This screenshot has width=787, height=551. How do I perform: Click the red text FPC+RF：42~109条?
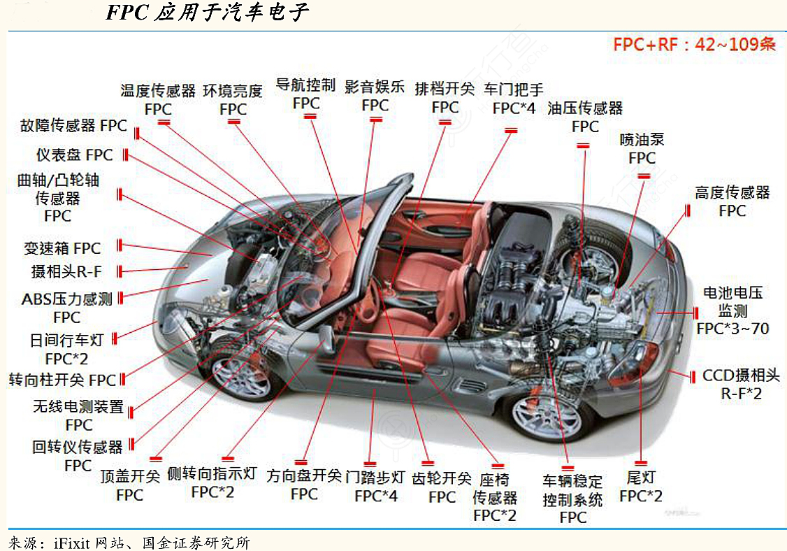(x=694, y=45)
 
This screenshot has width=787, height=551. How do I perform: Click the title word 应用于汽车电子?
(x=229, y=13)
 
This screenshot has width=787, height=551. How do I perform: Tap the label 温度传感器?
(x=158, y=91)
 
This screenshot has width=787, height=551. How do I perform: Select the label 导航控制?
(x=305, y=85)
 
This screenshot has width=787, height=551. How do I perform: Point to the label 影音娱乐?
(x=375, y=87)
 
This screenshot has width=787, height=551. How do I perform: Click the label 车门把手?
(x=514, y=90)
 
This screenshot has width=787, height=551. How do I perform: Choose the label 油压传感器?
(x=585, y=108)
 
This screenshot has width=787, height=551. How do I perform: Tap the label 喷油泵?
(x=642, y=140)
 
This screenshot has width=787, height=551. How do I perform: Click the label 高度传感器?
(x=732, y=192)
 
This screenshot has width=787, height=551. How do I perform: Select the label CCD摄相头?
(x=741, y=375)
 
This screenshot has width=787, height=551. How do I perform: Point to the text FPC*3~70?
(x=732, y=328)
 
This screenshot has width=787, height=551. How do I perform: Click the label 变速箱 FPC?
(x=62, y=248)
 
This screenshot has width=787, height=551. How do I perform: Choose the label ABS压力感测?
(x=66, y=299)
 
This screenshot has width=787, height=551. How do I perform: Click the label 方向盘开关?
(x=304, y=476)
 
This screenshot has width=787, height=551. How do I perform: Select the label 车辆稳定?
(x=572, y=481)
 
